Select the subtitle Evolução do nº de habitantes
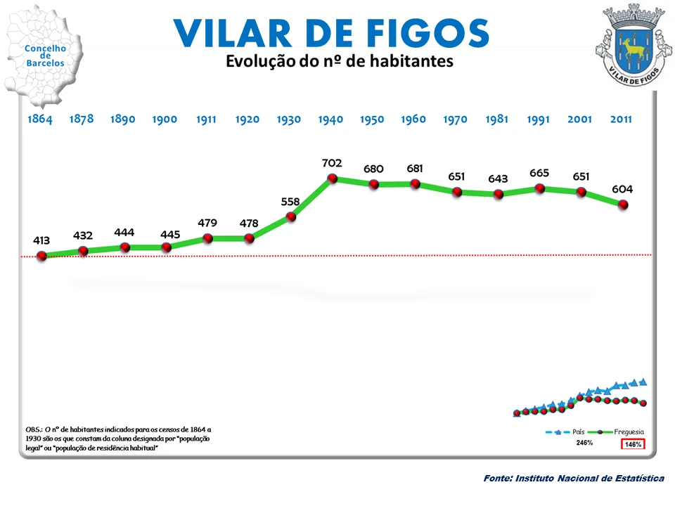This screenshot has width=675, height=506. click(x=339, y=62)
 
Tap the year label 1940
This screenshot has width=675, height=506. click(x=330, y=119)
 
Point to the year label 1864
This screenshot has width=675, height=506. click(x=40, y=119)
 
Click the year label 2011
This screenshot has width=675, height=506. click(x=621, y=119)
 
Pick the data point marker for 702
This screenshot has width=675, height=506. click(x=332, y=179)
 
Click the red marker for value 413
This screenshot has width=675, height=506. click(x=41, y=257)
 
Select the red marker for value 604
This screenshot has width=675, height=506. click(x=623, y=205)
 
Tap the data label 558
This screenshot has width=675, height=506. click(x=290, y=202)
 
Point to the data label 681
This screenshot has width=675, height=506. click(x=415, y=169)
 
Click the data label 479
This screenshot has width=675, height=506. click(x=207, y=223)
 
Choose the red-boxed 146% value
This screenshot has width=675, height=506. click(x=633, y=444)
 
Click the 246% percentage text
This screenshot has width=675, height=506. click(x=584, y=443)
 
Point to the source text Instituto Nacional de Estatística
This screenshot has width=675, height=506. click(x=574, y=479)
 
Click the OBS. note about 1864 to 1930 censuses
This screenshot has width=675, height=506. click(x=118, y=438)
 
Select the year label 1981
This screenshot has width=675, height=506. click(x=496, y=119)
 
